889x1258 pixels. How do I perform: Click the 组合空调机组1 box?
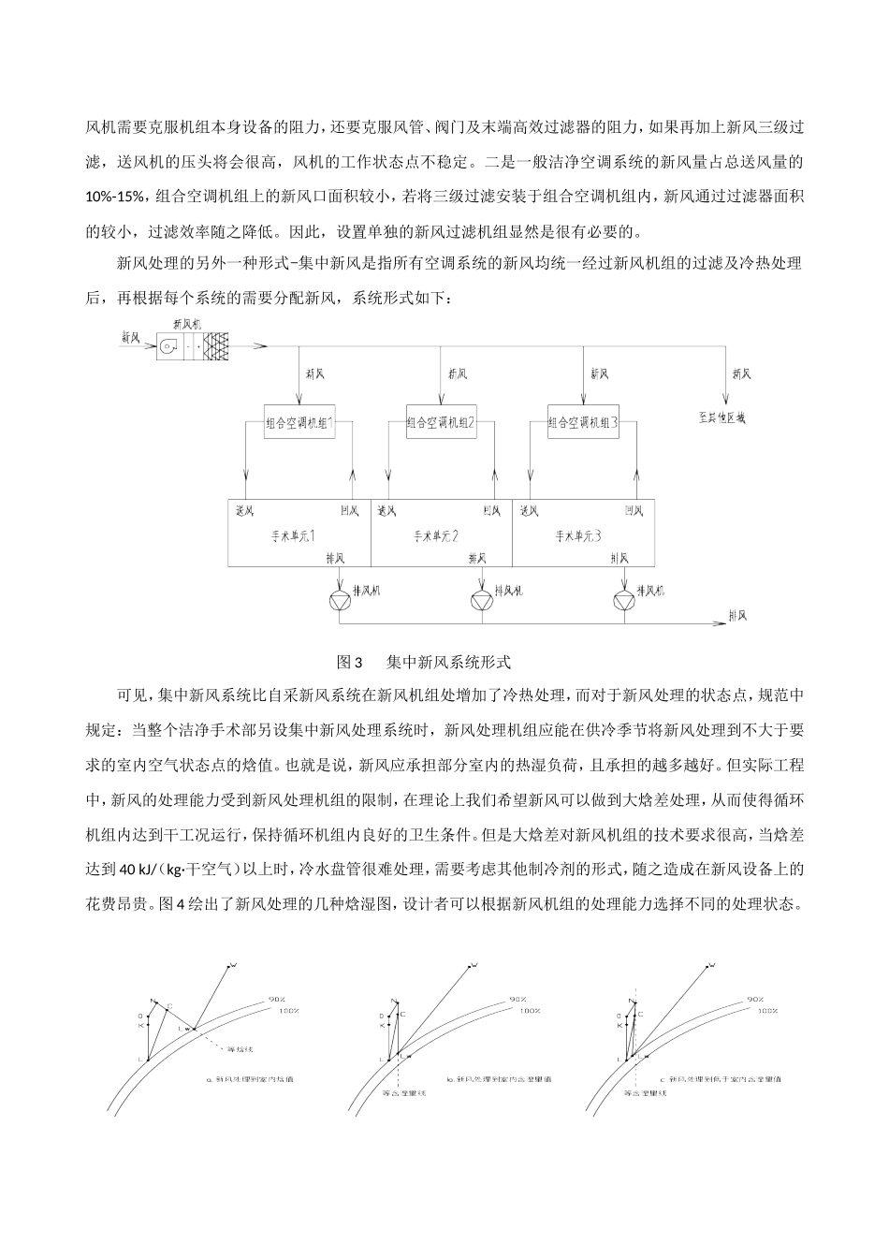(x=299, y=422)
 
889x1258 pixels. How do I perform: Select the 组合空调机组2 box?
(x=442, y=422)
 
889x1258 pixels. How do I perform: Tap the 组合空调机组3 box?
(x=583, y=422)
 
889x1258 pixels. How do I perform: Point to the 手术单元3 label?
(x=578, y=536)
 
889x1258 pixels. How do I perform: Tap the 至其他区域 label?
(x=721, y=418)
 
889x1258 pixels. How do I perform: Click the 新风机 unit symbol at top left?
(x=193, y=346)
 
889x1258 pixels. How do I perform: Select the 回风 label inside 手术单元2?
(x=491, y=510)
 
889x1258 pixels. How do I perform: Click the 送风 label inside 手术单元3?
(x=530, y=510)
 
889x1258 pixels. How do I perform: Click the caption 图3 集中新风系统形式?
(x=423, y=662)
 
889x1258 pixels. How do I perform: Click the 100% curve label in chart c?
(x=767, y=1011)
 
